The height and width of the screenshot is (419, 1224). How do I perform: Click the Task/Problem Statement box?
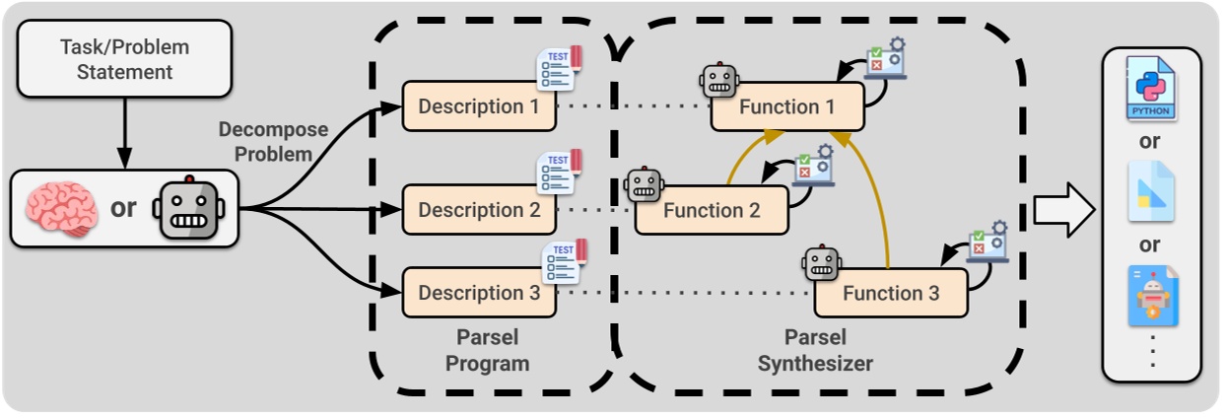pos(124,59)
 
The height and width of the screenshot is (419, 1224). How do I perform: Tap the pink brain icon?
pos(61,208)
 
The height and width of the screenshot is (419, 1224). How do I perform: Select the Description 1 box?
pos(479,106)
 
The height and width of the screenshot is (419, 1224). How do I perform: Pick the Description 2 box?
pos(479,210)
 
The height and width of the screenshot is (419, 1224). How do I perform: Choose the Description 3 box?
pos(479,293)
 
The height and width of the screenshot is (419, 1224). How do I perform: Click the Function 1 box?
pos(787,106)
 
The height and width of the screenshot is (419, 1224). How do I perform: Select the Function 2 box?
pos(711,210)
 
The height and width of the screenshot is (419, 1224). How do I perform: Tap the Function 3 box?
pos(890,293)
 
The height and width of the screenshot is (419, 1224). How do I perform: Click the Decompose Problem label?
pos(264,141)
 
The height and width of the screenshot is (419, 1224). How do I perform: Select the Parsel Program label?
pos(487,350)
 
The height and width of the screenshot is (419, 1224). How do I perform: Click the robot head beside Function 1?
pos(718,81)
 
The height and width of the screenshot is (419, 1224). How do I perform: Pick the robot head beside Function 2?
pos(644,184)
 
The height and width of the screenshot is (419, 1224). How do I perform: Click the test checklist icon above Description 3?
pos(563,262)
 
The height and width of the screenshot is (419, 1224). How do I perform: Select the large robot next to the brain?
pos(189,208)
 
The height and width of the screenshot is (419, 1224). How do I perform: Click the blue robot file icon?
pos(1151,296)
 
